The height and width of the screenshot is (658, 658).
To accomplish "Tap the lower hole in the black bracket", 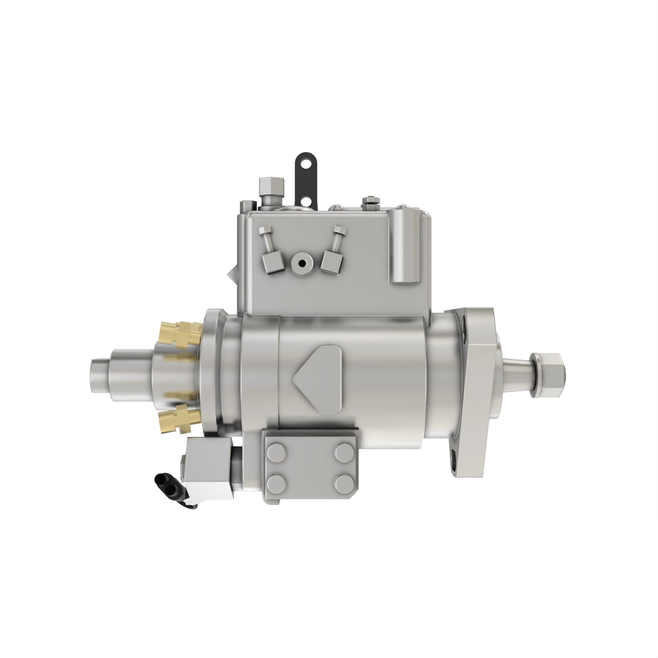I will pyautogui.click(x=307, y=201).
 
